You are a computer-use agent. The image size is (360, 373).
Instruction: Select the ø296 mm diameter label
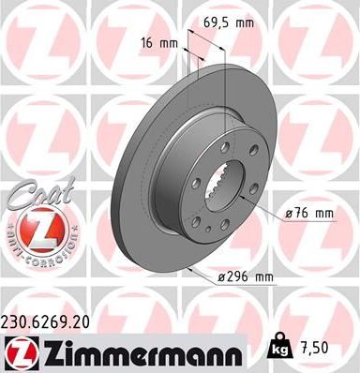point(246,276)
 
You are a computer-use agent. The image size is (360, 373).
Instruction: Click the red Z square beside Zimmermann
point(18,351)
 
